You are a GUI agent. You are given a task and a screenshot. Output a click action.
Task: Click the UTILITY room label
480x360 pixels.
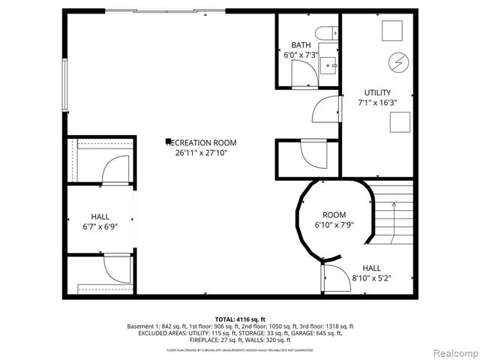coord(376,93)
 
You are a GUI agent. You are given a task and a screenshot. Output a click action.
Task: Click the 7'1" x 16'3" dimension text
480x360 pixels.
coord(376,103)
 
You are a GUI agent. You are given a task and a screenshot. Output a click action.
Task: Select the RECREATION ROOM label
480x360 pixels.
coord(201,142)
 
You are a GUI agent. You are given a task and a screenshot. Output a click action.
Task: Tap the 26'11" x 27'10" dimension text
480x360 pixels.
coord(201,152)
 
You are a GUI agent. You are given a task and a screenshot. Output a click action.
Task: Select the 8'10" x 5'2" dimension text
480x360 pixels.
coord(371,278)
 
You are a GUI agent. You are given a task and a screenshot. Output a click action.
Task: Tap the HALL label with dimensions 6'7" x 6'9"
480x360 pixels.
coord(100,215)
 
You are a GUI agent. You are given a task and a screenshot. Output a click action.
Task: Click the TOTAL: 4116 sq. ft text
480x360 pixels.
coord(240,319)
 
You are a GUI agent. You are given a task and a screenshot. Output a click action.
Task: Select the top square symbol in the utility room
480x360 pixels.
coord(391,31)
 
